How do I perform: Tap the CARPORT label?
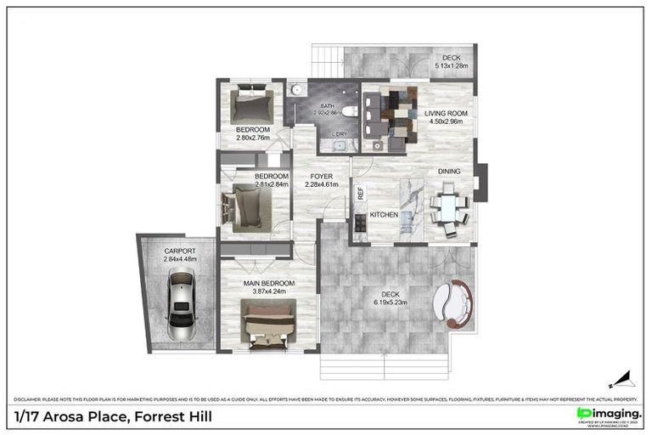180,251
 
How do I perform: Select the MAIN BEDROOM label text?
269,283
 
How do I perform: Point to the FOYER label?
321,177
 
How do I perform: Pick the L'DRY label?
338,134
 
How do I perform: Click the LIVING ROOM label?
447,113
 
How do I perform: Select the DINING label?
449,172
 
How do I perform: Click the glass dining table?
447,208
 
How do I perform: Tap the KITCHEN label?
384,216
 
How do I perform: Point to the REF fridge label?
361,193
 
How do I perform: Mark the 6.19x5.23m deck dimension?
391,302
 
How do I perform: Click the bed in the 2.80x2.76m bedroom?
250,106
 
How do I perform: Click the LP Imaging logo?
608,414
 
